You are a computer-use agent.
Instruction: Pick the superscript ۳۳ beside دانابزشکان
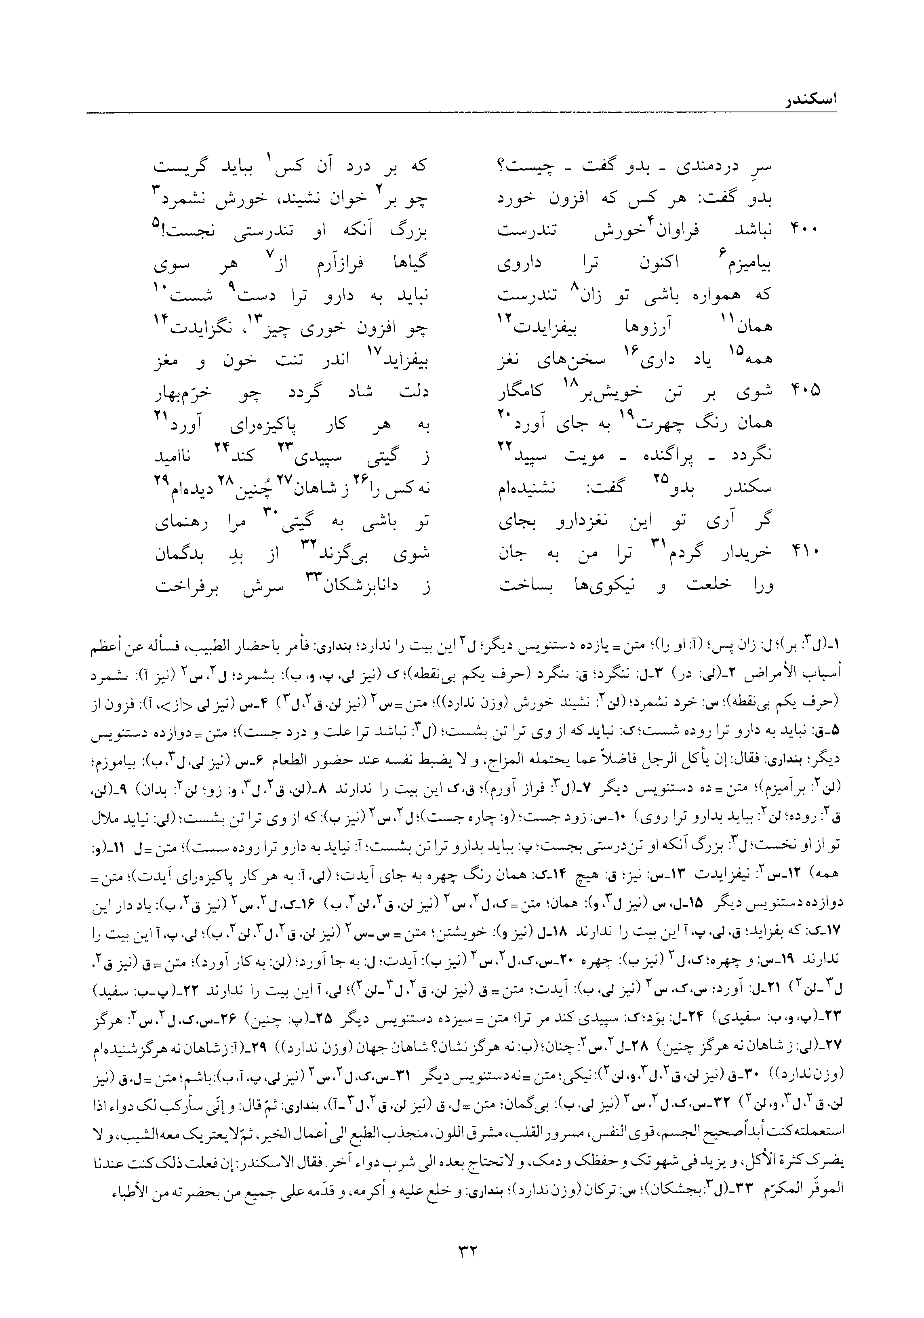315,578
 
